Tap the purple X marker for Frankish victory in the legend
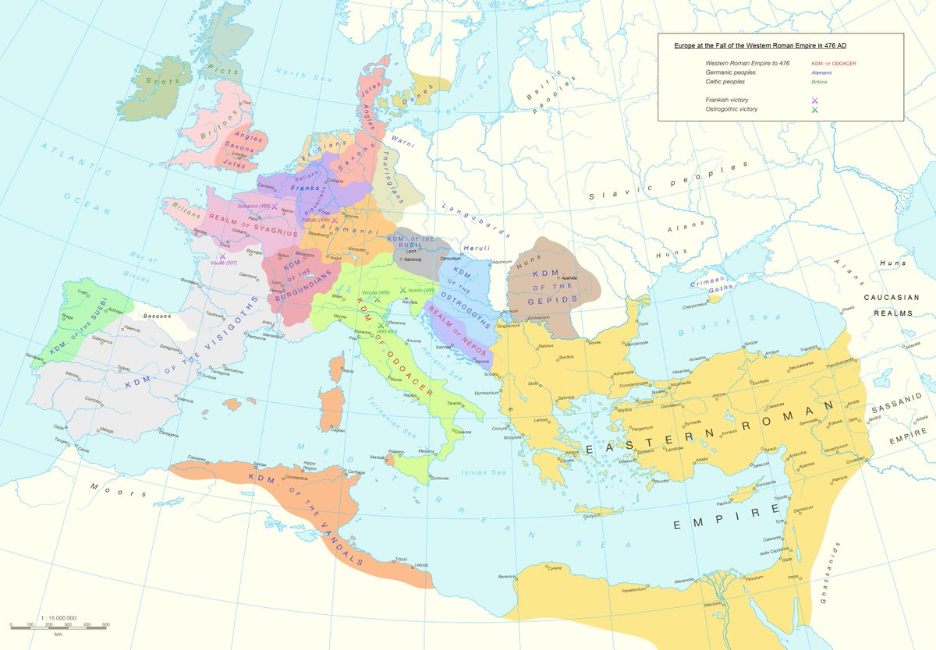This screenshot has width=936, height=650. point(814,101)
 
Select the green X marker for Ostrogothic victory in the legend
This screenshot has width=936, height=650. point(814,110)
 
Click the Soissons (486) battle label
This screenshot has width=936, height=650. point(254,206)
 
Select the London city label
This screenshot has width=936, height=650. point(241,154)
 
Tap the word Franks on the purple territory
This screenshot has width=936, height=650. point(300,188)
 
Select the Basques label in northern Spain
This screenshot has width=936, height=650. point(159,316)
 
